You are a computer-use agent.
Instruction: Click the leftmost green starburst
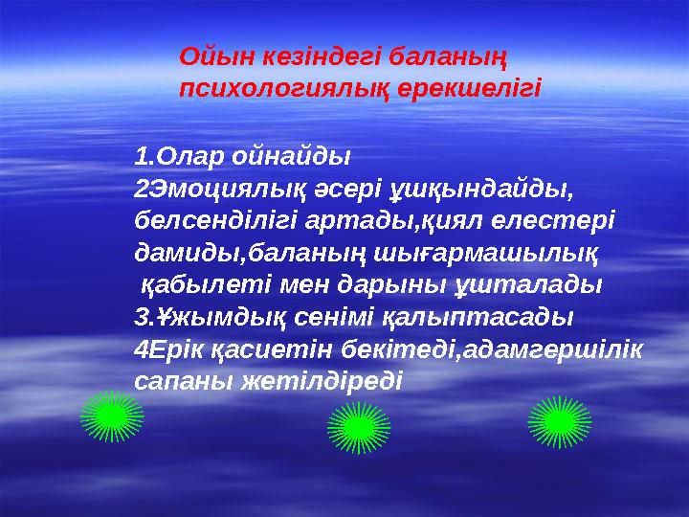click(112, 416)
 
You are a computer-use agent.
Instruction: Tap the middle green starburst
click(359, 427)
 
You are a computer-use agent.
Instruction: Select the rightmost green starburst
click(560, 421)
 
